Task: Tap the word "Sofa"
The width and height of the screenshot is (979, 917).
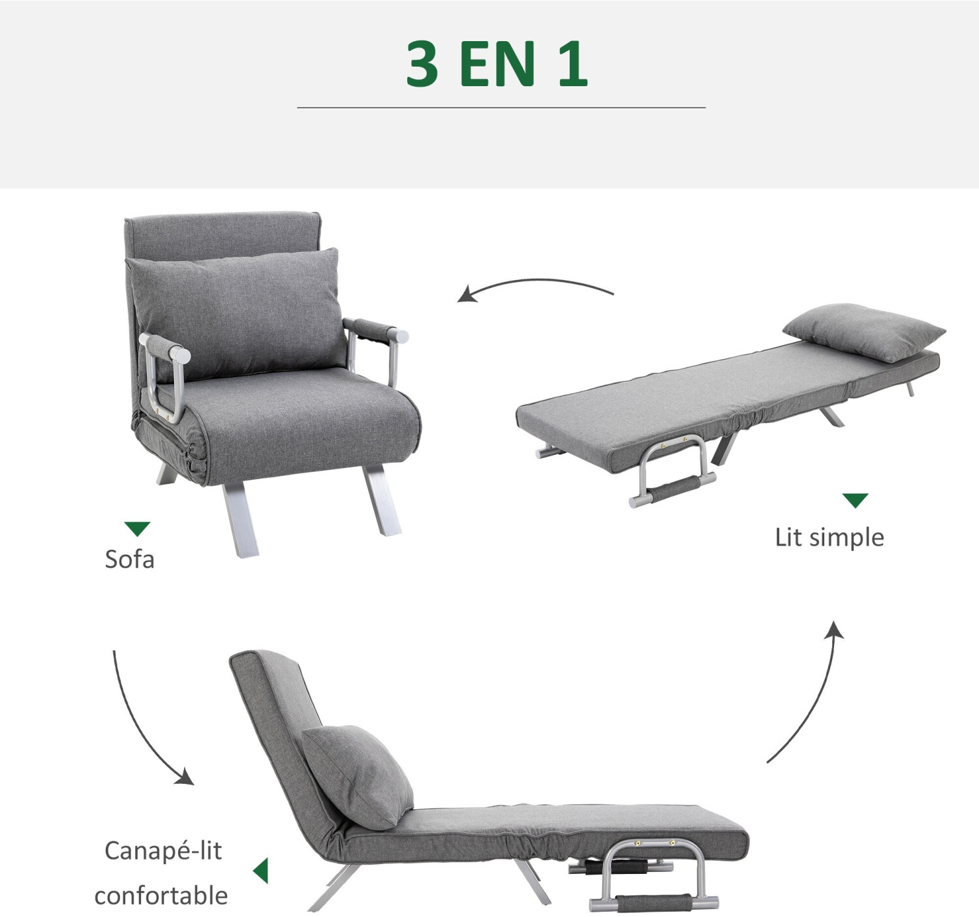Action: pyautogui.click(x=130, y=559)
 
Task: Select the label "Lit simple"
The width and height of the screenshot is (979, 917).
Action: pyautogui.click(x=829, y=538)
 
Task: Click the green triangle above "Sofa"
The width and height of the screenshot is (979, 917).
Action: pyautogui.click(x=137, y=529)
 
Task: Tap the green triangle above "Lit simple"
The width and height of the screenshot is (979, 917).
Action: pyautogui.click(x=855, y=501)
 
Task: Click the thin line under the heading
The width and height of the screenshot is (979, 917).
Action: pyautogui.click(x=501, y=107)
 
